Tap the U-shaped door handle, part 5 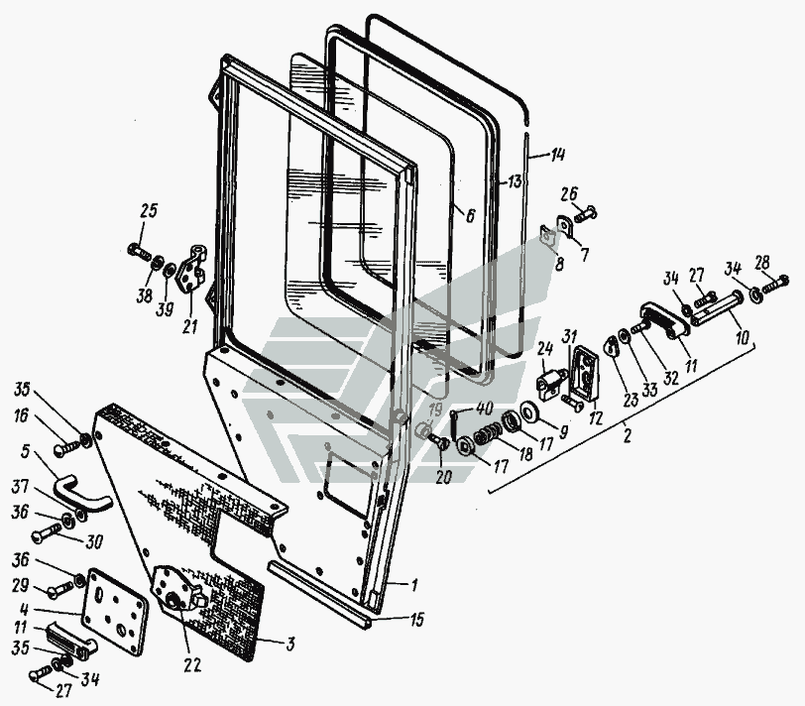[x=82, y=493]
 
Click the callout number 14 [x=557, y=154]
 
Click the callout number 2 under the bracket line [x=626, y=435]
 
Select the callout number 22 [x=191, y=665]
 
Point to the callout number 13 [x=515, y=181]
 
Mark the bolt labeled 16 [x=67, y=446]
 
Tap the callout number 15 [x=416, y=620]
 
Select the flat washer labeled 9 [x=528, y=412]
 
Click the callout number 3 [x=290, y=644]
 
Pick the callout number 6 [x=470, y=215]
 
